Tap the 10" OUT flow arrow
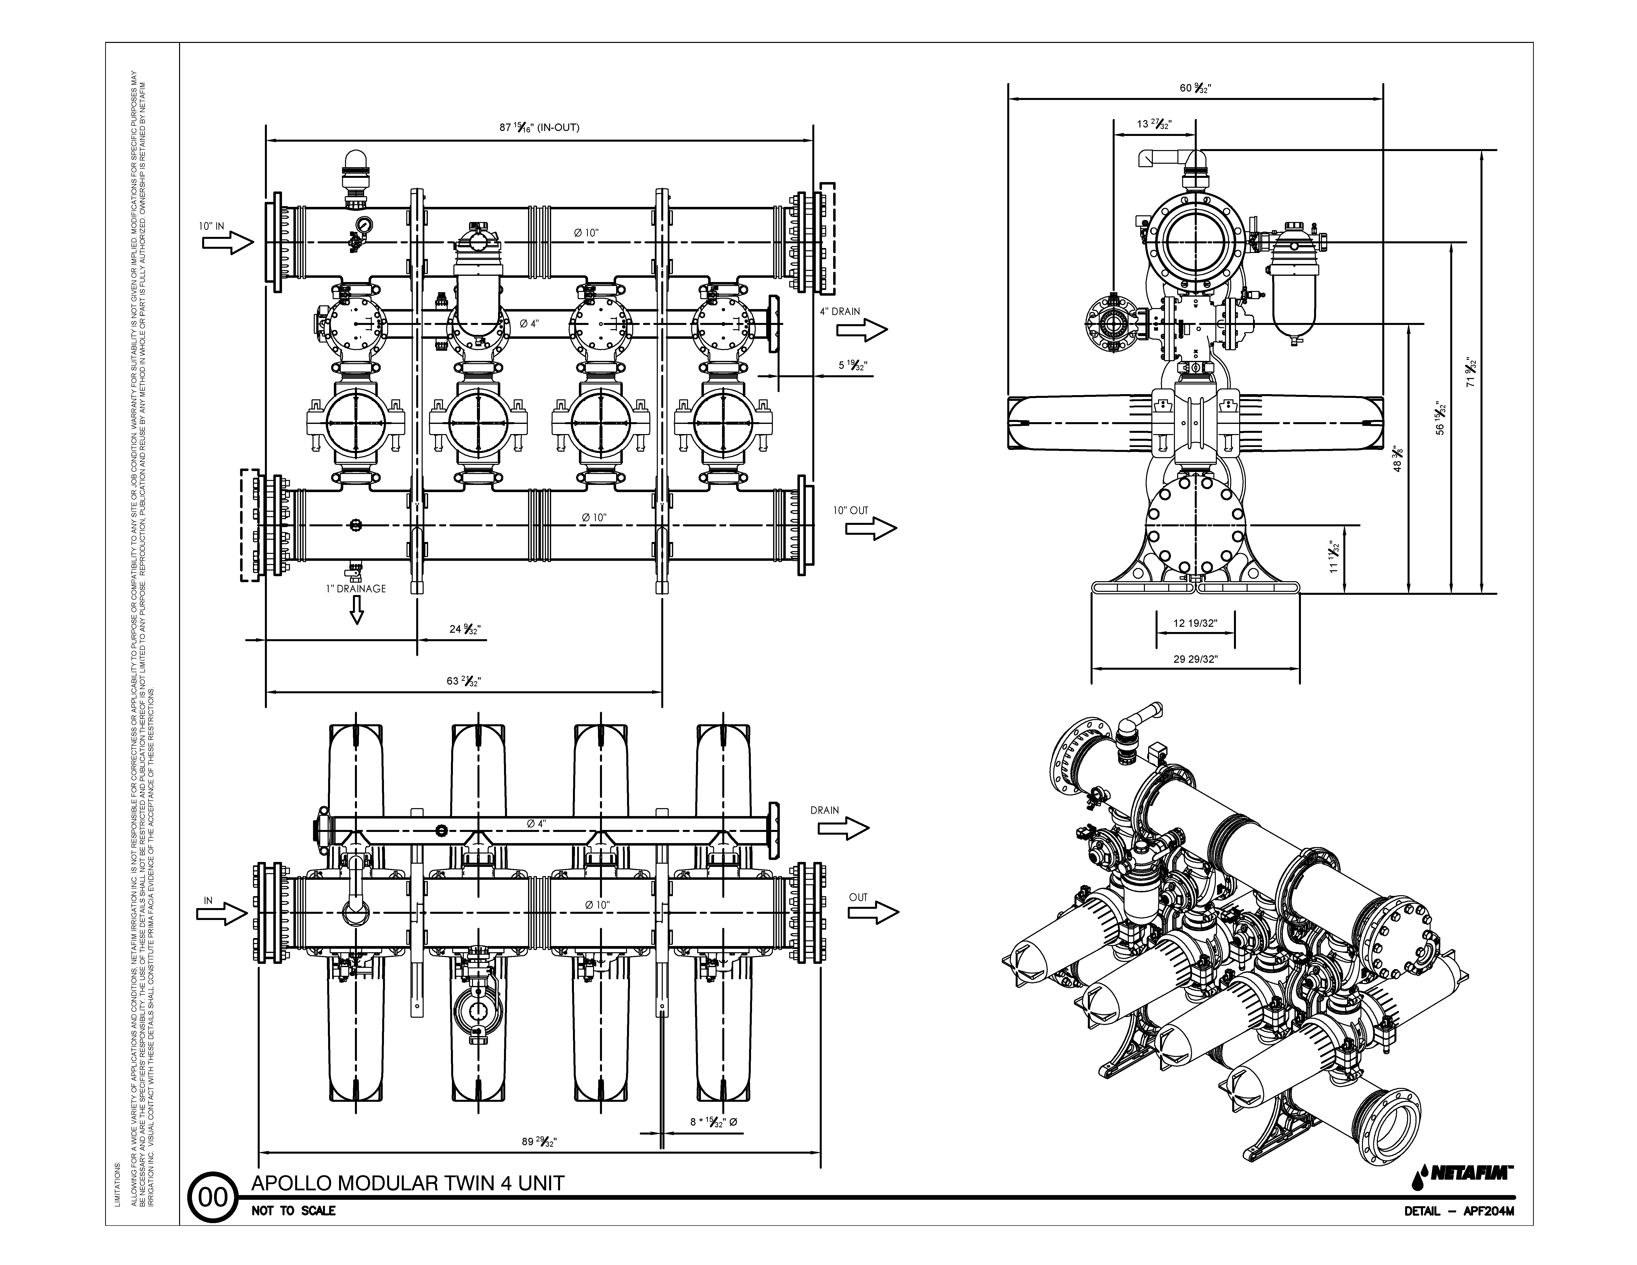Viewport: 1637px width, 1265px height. point(871,528)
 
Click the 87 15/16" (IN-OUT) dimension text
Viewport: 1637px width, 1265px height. point(539,127)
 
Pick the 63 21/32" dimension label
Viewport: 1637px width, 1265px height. point(464,681)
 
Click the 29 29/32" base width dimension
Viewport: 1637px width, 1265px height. point(1196,660)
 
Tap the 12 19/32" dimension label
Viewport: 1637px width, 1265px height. point(1196,623)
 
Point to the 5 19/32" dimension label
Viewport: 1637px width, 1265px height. point(852,366)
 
